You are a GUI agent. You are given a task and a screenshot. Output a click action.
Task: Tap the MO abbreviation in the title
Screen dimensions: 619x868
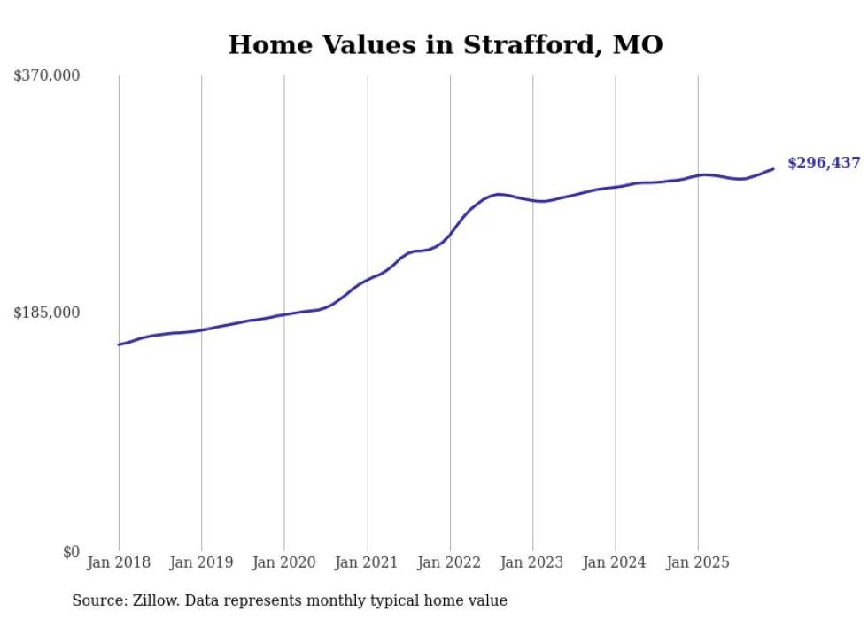[x=637, y=44]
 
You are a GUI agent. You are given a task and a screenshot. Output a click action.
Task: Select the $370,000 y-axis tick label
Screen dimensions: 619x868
[x=46, y=76]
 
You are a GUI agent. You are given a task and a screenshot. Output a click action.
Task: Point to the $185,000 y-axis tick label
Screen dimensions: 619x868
[x=46, y=313]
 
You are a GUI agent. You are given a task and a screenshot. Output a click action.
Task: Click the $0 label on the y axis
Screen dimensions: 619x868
[x=71, y=552]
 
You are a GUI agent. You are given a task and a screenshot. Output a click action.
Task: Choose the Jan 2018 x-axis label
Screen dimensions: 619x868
[x=119, y=562]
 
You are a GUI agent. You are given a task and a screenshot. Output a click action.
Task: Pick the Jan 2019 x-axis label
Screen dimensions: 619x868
[x=201, y=562]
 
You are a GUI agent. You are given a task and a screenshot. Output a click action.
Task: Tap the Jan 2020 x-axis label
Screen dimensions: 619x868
[x=284, y=562]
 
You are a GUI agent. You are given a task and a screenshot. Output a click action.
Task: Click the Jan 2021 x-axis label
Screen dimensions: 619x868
[x=367, y=562]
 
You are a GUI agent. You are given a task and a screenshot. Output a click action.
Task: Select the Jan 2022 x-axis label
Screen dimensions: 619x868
[x=450, y=562]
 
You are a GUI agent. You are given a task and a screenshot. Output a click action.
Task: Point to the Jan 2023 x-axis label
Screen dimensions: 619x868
[x=532, y=562]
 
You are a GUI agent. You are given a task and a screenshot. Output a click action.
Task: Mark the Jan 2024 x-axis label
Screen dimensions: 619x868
[x=616, y=562]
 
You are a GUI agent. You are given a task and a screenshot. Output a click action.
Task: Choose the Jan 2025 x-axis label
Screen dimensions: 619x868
[x=698, y=562]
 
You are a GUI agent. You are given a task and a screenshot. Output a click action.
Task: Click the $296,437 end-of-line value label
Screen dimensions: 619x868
[x=824, y=163]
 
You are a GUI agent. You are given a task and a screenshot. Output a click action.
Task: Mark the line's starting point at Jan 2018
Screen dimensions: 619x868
[x=119, y=344]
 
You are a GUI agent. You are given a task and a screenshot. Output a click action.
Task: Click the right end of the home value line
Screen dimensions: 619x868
[x=773, y=168]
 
